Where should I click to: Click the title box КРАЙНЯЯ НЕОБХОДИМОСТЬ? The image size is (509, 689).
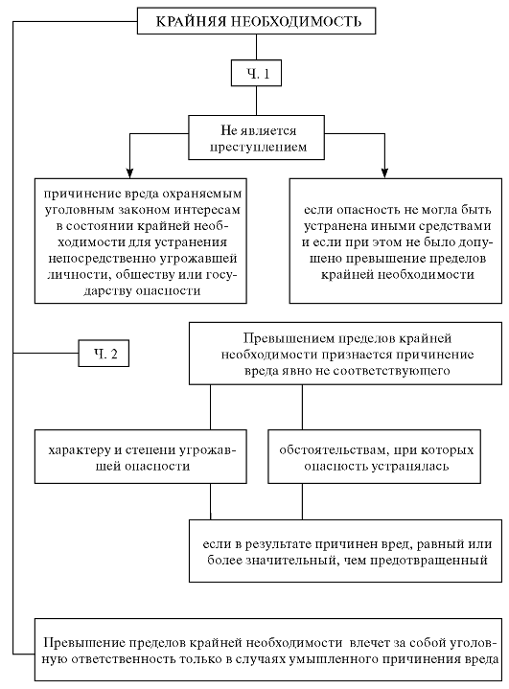pos(256,21)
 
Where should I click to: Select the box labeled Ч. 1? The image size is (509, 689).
pos(256,73)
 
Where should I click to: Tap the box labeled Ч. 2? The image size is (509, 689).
pos(104,353)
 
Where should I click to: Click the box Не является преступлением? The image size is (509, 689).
pos(256,138)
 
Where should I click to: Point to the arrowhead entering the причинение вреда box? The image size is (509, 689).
pos(129,172)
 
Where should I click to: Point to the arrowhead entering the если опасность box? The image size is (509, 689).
pos(384,172)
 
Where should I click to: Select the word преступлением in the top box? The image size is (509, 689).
pos(258,147)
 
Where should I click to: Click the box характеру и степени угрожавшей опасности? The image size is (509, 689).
pos(141,456)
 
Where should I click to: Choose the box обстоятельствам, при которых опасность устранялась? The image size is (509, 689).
pos(374,456)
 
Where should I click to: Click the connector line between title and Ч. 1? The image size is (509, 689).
pos(256,47)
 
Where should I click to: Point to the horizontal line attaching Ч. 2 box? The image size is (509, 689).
pos(46,353)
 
